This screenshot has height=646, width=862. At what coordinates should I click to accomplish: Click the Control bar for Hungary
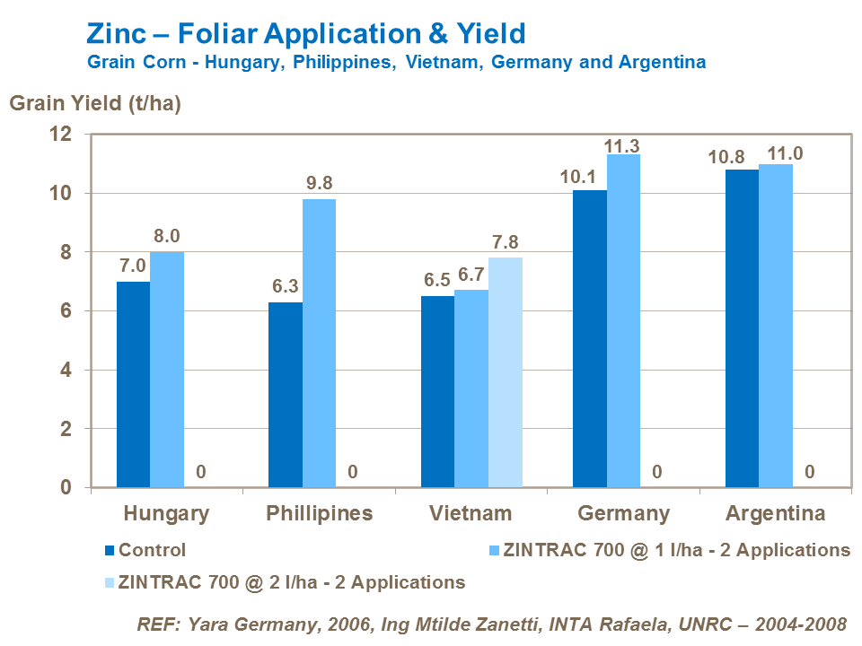coord(133,384)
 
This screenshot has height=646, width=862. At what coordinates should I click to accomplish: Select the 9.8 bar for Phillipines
coord(319,343)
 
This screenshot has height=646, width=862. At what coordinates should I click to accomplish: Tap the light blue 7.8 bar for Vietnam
coord(506,372)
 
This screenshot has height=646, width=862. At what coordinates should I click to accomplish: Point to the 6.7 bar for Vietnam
coord(471,388)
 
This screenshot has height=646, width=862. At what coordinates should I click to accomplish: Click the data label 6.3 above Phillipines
coord(285,287)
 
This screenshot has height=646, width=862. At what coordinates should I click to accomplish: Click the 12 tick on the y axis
coord(59,135)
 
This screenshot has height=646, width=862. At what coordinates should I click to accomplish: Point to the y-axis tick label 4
coord(65,371)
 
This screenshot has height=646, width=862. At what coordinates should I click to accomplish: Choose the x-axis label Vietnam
coord(471,514)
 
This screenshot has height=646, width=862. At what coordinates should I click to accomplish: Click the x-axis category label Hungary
coord(166,514)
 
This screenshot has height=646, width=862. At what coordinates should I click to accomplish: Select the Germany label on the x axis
coord(623,514)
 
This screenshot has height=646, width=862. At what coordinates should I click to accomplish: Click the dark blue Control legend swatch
coord(110,550)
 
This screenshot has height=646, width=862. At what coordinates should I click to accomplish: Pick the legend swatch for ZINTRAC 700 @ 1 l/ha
coord(492,550)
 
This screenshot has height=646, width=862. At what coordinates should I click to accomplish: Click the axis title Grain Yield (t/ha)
coord(95,103)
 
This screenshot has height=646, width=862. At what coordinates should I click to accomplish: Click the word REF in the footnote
coord(155,624)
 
